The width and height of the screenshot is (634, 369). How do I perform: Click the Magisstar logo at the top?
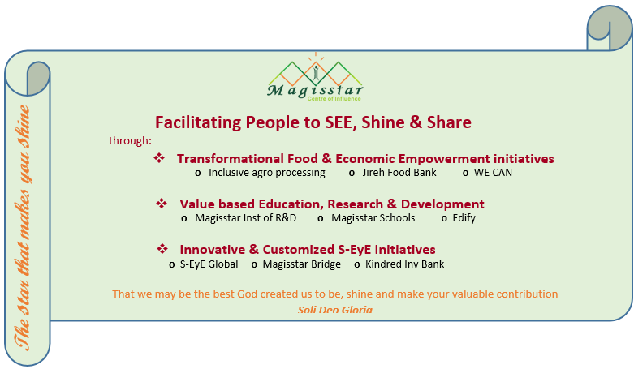[315, 77]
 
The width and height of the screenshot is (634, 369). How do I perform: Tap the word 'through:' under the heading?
[130, 140]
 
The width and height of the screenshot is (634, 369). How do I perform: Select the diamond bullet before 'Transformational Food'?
[159, 158]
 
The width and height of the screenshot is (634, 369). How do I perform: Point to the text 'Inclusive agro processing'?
[267, 173]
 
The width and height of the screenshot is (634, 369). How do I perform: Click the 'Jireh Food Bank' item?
[399, 173]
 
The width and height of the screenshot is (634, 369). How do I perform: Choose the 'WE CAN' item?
[494, 173]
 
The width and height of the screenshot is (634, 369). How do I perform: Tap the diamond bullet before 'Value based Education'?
[162, 204]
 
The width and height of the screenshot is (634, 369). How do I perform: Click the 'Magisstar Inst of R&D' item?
[246, 218]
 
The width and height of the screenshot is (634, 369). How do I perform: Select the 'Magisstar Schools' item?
[373, 218]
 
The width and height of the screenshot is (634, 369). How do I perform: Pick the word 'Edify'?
[464, 219]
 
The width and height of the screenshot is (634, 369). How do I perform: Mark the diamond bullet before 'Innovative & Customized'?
[162, 249]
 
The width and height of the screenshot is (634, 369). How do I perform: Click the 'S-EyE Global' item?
[209, 264]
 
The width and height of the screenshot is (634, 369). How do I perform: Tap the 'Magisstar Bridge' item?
[302, 264]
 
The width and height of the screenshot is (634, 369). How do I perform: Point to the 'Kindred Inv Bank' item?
[405, 264]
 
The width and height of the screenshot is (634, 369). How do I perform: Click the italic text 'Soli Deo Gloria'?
[335, 310]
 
